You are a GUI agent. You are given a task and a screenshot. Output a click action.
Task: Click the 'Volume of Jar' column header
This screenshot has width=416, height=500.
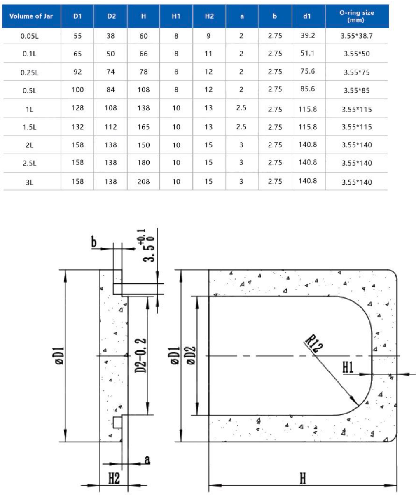click(31, 16)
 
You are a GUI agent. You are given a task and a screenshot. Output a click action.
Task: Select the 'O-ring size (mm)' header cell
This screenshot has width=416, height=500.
click(357, 16)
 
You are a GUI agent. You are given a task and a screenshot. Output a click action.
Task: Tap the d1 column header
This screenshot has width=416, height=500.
click(307, 16)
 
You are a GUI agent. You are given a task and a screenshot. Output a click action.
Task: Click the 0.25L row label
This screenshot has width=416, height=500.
click(30, 72)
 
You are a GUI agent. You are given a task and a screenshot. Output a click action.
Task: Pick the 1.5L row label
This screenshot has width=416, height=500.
click(30, 127)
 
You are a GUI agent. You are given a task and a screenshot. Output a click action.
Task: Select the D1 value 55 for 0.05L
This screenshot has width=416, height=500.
click(77, 36)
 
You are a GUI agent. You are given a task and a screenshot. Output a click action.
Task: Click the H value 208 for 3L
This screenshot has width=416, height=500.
click(143, 182)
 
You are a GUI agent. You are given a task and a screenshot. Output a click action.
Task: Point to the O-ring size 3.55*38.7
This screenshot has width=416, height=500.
click(357, 36)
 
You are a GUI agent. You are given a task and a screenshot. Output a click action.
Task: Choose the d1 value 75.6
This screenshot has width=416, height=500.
click(308, 72)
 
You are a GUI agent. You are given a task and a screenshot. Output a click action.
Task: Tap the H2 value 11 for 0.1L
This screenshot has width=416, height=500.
click(208, 54)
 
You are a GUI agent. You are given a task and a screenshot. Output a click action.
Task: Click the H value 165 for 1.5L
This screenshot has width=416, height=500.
click(143, 127)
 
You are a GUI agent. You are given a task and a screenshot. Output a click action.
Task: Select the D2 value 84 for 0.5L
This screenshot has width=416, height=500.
click(110, 90)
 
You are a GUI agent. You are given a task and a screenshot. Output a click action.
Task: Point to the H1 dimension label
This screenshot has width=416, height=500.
click(348, 367)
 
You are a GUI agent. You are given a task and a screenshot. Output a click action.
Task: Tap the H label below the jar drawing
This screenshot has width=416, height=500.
click(303, 479)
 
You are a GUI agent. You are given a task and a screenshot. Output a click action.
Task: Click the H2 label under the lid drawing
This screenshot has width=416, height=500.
click(114, 479)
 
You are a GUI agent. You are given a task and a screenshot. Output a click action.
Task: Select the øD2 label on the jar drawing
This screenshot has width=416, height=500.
click(191, 355)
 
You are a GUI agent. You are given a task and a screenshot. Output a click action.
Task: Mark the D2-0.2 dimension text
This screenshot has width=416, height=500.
click(141, 355)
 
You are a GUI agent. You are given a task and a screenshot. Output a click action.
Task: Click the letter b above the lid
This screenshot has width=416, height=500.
click(94, 243)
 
